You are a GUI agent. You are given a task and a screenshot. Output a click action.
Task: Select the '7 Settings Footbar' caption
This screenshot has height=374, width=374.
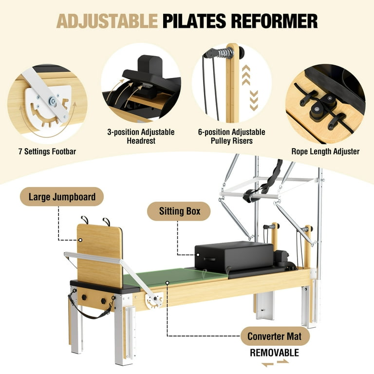(x=47, y=151)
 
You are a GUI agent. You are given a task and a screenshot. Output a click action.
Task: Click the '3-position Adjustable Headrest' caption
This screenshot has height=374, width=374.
(x=140, y=136)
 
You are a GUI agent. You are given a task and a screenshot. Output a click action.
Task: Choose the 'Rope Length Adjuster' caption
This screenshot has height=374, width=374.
(x=325, y=151)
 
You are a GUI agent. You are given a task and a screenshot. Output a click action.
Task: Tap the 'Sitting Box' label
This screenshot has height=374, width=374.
(x=179, y=212)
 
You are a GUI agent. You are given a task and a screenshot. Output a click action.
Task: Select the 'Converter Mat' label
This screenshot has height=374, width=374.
(x=274, y=336)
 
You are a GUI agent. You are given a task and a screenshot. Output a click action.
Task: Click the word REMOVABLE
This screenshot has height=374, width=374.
(x=275, y=353)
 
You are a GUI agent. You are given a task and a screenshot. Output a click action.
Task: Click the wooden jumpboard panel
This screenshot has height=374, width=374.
(x=99, y=253)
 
